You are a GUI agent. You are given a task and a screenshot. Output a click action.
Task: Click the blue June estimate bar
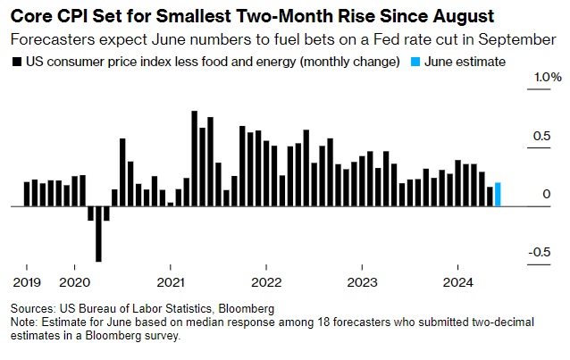pos(498,194)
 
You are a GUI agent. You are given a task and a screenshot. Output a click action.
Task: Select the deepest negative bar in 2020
pos(98,234)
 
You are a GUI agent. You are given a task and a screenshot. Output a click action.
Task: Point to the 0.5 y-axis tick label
pos(540,136)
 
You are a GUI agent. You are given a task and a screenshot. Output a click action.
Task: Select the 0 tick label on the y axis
pos(545,194)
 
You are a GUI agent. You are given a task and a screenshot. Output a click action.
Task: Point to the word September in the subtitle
pos(518,39)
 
